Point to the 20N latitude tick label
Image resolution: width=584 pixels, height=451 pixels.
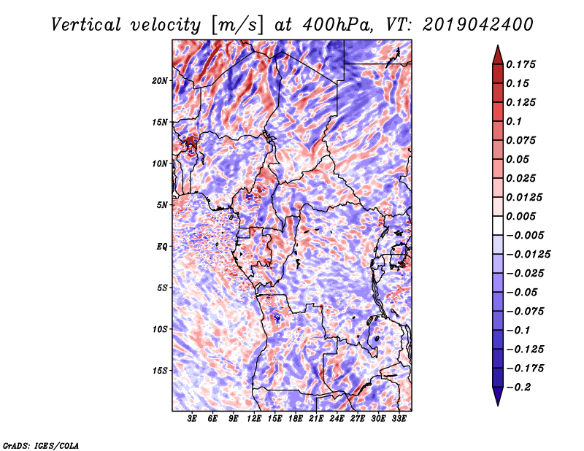tap(160, 80)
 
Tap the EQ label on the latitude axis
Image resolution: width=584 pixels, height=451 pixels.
tap(162, 246)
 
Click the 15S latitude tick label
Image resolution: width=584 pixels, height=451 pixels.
tap(160, 370)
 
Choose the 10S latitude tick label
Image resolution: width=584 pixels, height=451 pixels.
tap(160, 329)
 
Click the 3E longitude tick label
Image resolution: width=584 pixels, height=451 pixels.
tap(193, 420)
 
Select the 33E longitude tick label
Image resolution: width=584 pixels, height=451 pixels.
tap(399, 420)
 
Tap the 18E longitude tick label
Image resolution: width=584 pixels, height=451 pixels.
tap(296, 420)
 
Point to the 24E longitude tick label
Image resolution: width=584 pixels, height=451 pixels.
tap(337, 420)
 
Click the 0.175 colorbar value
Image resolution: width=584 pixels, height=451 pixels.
tap(523, 64)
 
